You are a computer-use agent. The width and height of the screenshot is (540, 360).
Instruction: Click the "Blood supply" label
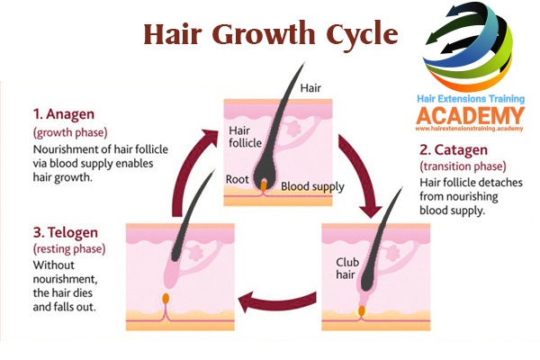(x=310, y=186)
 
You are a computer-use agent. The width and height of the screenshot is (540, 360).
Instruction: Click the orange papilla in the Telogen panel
(x=165, y=298)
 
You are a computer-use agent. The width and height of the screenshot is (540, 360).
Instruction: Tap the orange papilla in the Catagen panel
(x=362, y=310)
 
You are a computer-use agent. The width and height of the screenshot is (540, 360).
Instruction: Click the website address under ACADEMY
(x=469, y=130)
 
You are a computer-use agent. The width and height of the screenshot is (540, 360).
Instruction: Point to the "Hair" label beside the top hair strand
(x=310, y=88)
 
